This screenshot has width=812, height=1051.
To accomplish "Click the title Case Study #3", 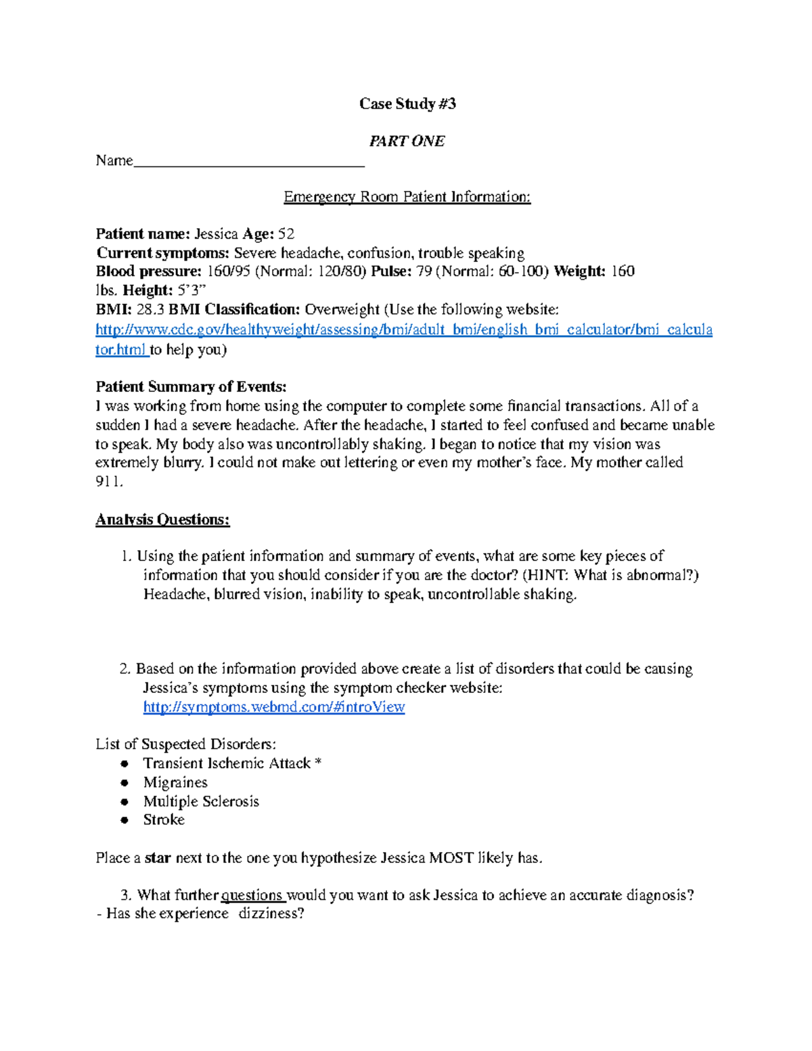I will click(407, 104).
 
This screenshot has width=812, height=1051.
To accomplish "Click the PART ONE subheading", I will click(407, 141).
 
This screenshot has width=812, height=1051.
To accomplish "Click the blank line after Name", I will click(249, 162).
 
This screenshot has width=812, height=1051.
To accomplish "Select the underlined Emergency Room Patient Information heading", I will click(407, 197).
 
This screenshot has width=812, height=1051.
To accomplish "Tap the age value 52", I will click(286, 234).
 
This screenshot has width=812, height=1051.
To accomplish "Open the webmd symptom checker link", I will click(273, 707).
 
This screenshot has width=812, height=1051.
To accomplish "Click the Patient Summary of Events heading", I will click(191, 387).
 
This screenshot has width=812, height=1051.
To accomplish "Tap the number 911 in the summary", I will click(108, 482).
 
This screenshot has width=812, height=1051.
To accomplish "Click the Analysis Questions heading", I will click(162, 520).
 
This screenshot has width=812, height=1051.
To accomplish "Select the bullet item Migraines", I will click(175, 782).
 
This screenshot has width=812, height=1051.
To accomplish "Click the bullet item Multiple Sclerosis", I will click(201, 801).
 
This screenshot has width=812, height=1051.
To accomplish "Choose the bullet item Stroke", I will click(164, 820).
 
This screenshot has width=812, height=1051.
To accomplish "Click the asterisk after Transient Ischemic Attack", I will click(318, 763).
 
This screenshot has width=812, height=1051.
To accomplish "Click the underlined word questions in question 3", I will click(252, 895).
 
